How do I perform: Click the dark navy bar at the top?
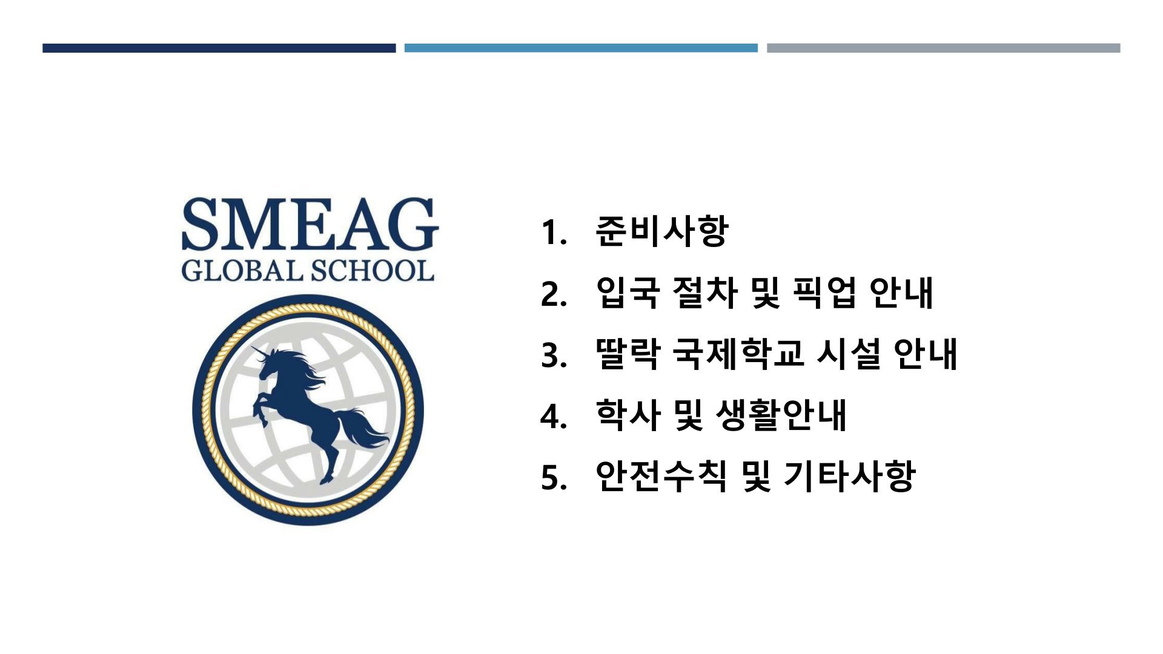[x=219, y=48]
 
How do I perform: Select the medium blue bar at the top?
[x=581, y=48]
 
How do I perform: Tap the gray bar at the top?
[x=943, y=48]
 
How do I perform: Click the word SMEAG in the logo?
[x=310, y=224]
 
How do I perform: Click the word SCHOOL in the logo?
[x=373, y=271]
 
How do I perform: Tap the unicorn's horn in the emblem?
[x=260, y=352]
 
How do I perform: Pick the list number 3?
[x=554, y=355]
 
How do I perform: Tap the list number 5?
[x=554, y=478]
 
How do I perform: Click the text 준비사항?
[x=661, y=231]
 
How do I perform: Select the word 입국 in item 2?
[x=628, y=292]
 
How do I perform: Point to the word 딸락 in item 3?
[x=628, y=354]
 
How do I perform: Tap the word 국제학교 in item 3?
[x=738, y=354]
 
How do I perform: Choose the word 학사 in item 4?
[x=628, y=415]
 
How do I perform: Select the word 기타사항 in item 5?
[x=849, y=477]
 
